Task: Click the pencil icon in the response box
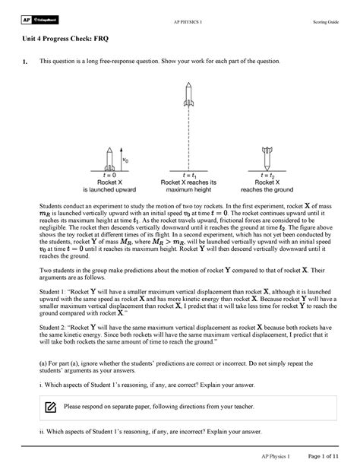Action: [50, 408]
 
